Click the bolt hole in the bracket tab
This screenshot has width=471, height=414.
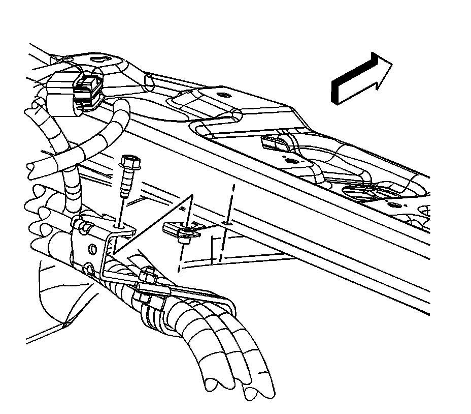click(x=119, y=224)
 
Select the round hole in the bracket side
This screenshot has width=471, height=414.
click(x=93, y=249)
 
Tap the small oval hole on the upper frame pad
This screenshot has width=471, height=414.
click(x=222, y=95)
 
